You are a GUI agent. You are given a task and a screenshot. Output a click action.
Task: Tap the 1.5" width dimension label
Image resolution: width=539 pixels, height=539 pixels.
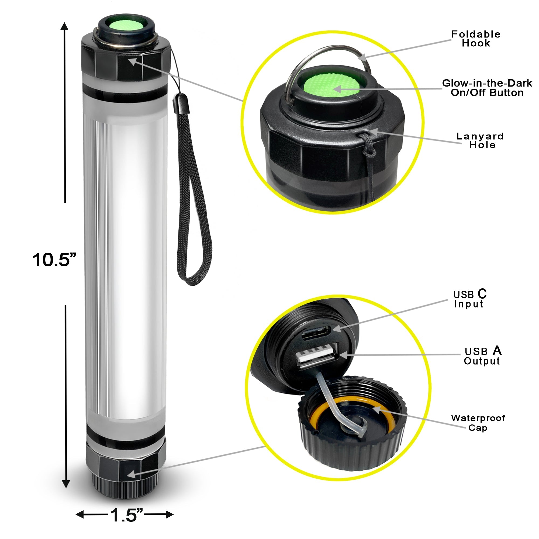point(126,515)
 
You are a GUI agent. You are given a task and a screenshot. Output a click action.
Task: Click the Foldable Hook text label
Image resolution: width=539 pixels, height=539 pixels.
point(476,39)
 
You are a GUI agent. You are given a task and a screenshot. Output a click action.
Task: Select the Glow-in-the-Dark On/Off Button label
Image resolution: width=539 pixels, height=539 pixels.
point(487,88)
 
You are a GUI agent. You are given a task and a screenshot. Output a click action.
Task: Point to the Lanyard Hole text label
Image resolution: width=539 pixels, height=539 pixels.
point(480,140)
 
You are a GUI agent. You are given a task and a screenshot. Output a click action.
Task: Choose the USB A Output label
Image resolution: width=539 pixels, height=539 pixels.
point(482,356)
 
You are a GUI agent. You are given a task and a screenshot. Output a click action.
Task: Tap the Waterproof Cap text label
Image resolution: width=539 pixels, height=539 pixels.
point(478,422)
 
